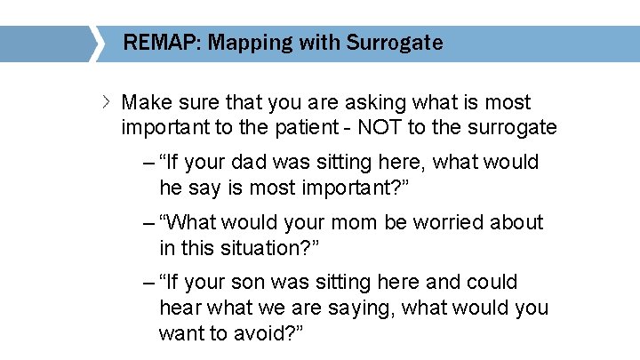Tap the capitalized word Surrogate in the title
(x=395, y=43)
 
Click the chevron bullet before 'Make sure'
(x=108, y=101)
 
